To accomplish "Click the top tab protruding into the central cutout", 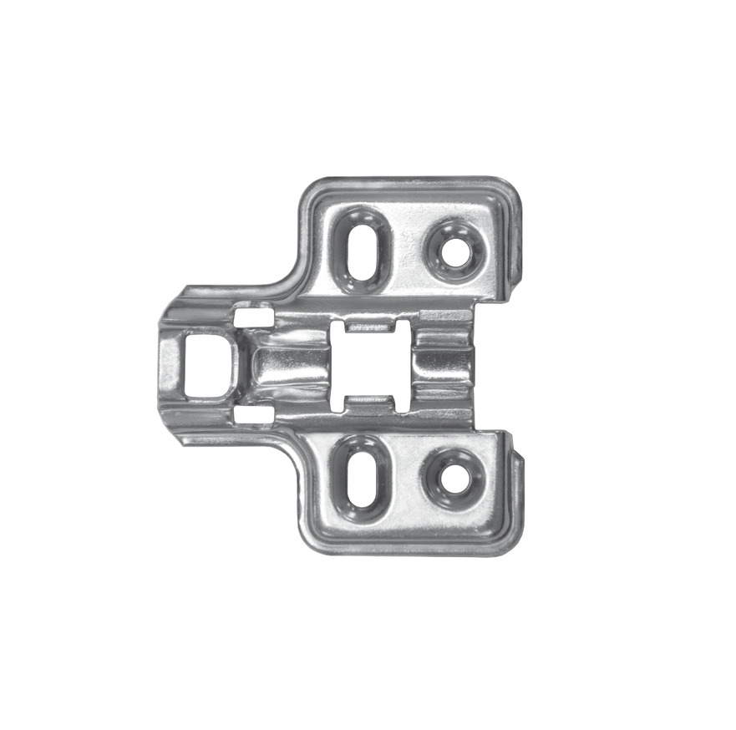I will pos(372,324).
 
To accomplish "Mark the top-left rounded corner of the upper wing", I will pos(309,188).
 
